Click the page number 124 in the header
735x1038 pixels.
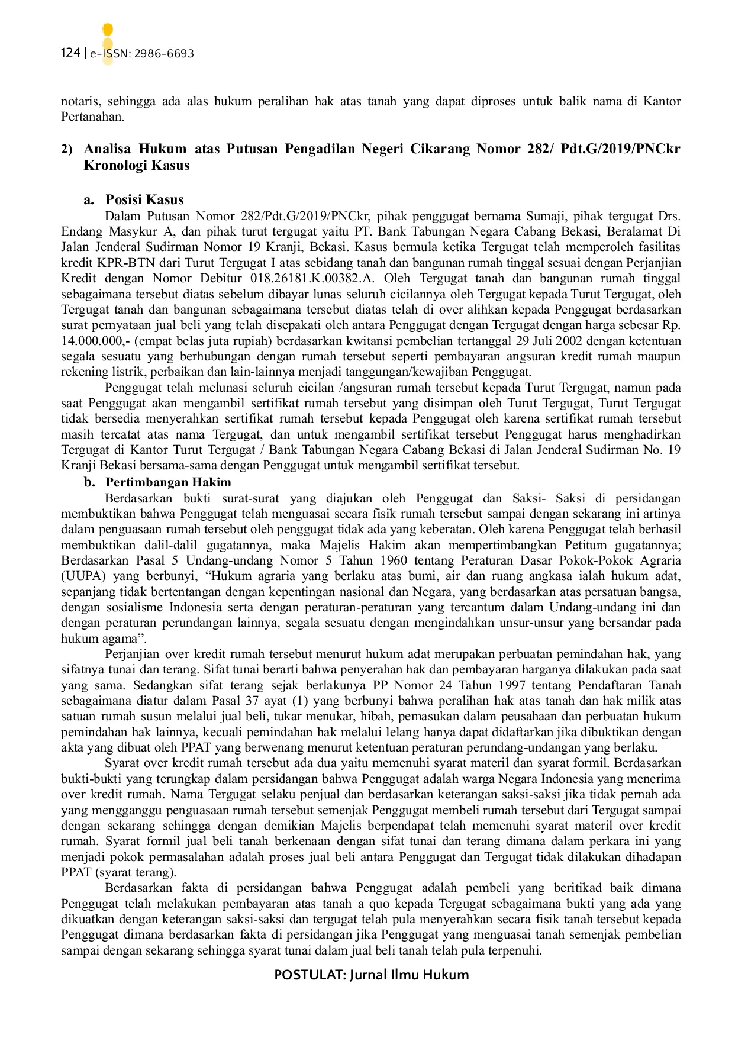click(70, 53)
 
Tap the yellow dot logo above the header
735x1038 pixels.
click(108, 30)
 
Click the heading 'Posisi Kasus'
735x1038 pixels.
click(144, 199)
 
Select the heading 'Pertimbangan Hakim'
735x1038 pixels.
click(168, 482)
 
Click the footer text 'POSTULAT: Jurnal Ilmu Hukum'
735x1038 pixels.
click(371, 975)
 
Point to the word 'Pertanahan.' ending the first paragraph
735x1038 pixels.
click(93, 117)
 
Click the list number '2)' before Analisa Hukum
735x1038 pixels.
click(67, 149)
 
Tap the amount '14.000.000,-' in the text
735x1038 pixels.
click(95, 341)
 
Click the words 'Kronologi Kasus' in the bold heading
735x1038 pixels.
click(137, 165)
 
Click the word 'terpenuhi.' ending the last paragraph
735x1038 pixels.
click(515, 950)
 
